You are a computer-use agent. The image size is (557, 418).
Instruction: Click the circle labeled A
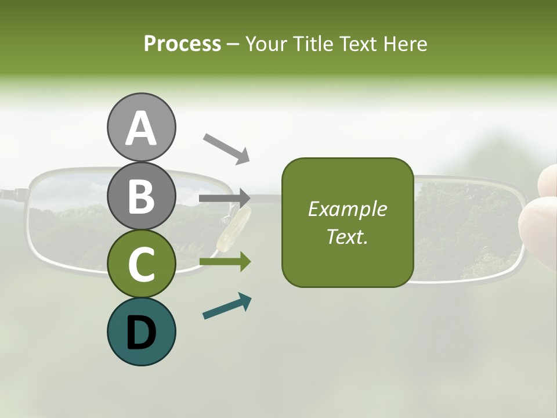tap(141, 128)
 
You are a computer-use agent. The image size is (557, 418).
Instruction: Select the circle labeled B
tap(141, 196)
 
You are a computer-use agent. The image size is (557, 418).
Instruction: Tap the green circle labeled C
tap(141, 264)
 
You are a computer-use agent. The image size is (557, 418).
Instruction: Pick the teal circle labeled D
tap(141, 331)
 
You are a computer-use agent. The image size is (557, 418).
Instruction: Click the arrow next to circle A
tap(226, 147)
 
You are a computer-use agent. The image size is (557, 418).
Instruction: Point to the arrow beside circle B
tap(225, 199)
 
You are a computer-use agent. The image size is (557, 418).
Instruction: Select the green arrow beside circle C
tap(225, 262)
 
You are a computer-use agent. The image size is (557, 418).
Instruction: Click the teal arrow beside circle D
tap(227, 307)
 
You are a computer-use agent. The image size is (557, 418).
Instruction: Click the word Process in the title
tap(182, 44)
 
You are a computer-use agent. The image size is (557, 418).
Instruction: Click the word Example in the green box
tap(347, 209)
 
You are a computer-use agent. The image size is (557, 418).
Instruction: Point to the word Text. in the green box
tap(347, 236)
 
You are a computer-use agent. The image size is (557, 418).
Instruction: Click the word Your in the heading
tap(266, 44)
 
